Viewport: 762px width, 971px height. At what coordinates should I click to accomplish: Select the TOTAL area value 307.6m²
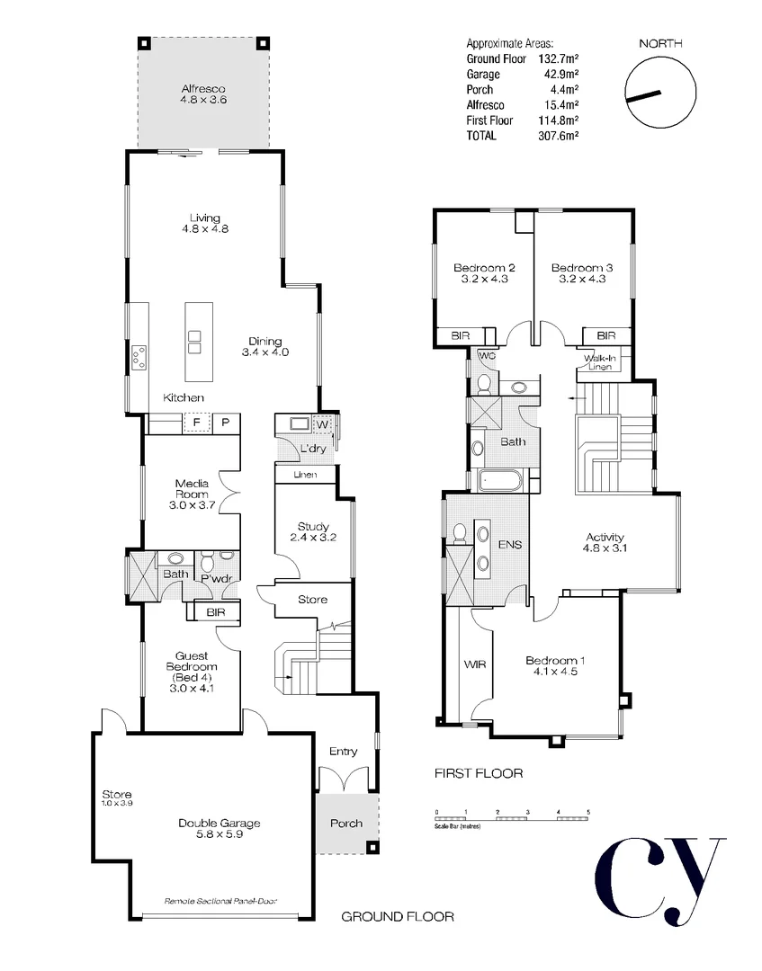pyautogui.click(x=558, y=136)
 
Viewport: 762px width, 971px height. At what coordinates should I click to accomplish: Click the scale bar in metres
pyautogui.click(x=512, y=817)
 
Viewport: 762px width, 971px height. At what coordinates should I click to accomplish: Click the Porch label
pyautogui.click(x=346, y=823)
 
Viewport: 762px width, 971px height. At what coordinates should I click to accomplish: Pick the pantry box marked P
pyautogui.click(x=225, y=423)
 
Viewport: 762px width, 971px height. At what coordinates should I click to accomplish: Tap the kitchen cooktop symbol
pyautogui.click(x=139, y=358)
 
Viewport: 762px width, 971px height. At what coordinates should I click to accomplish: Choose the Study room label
pyautogui.click(x=312, y=532)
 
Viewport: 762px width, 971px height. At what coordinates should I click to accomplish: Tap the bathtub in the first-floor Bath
pyautogui.click(x=498, y=480)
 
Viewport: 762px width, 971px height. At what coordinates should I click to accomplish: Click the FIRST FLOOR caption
pyautogui.click(x=478, y=773)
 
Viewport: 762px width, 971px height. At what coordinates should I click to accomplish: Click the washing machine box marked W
pyautogui.click(x=323, y=425)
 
